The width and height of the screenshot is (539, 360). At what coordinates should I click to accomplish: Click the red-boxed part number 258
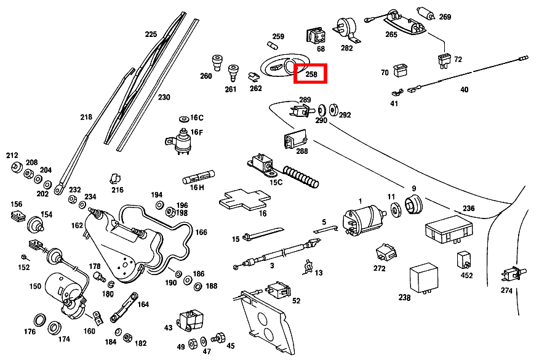click(311, 74)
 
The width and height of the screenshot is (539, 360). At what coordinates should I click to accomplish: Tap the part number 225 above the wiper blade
click(151, 34)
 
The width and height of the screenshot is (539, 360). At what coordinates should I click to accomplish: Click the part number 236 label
click(469, 209)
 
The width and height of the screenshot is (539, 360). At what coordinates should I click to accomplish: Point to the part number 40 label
click(464, 90)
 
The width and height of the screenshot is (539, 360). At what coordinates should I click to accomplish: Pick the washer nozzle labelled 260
click(216, 62)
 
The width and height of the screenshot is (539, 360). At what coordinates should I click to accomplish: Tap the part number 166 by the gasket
click(201, 232)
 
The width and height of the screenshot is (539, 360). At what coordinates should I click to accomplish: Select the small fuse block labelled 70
click(401, 68)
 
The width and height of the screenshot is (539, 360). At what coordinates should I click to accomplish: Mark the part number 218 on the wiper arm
click(86, 117)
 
